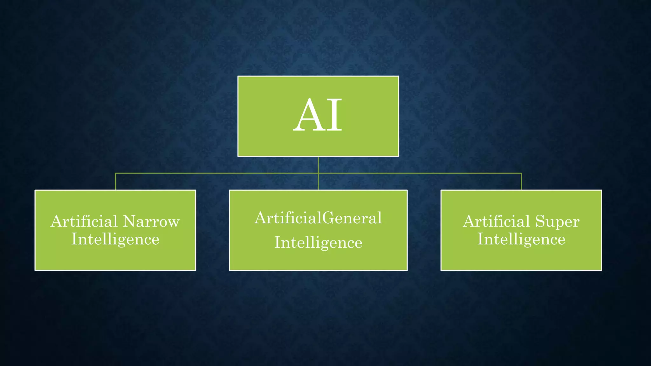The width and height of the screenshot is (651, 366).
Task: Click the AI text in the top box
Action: click(318, 115)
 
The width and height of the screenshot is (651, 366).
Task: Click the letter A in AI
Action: click(306, 115)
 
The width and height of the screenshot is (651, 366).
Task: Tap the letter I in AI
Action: click(334, 115)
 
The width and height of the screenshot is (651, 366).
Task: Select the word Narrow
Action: click(151, 221)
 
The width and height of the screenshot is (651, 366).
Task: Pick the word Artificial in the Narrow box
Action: click(84, 221)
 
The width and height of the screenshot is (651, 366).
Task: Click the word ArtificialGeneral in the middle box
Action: click(318, 218)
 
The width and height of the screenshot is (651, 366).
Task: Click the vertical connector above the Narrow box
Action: click(115, 182)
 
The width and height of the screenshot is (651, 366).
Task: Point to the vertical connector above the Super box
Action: click(521, 182)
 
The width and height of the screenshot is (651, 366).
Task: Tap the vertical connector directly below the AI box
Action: click(318, 165)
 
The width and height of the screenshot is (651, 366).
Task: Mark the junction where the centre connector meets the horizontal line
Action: click(318, 173)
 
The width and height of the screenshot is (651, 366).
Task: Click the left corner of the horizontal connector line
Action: click(115, 173)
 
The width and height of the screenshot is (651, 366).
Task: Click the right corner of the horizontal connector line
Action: click(521, 173)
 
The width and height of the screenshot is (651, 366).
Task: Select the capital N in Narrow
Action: click(130, 221)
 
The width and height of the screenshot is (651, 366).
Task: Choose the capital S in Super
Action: click(541, 221)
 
